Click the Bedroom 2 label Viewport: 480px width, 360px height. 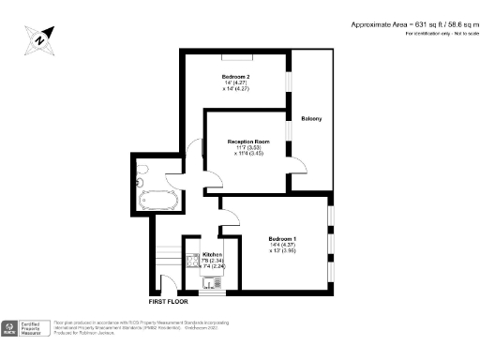click(235, 75)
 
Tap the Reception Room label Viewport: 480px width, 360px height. click(248, 142)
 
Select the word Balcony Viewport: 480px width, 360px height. click(311, 118)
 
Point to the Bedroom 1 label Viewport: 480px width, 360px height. click(282, 238)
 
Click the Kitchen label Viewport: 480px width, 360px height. click(212, 254)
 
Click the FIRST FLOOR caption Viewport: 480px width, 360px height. click(170, 303)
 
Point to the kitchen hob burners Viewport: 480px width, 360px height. click(192, 258)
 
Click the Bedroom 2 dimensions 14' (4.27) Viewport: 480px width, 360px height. click(234, 82)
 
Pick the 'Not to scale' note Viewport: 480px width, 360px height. click(457, 34)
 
